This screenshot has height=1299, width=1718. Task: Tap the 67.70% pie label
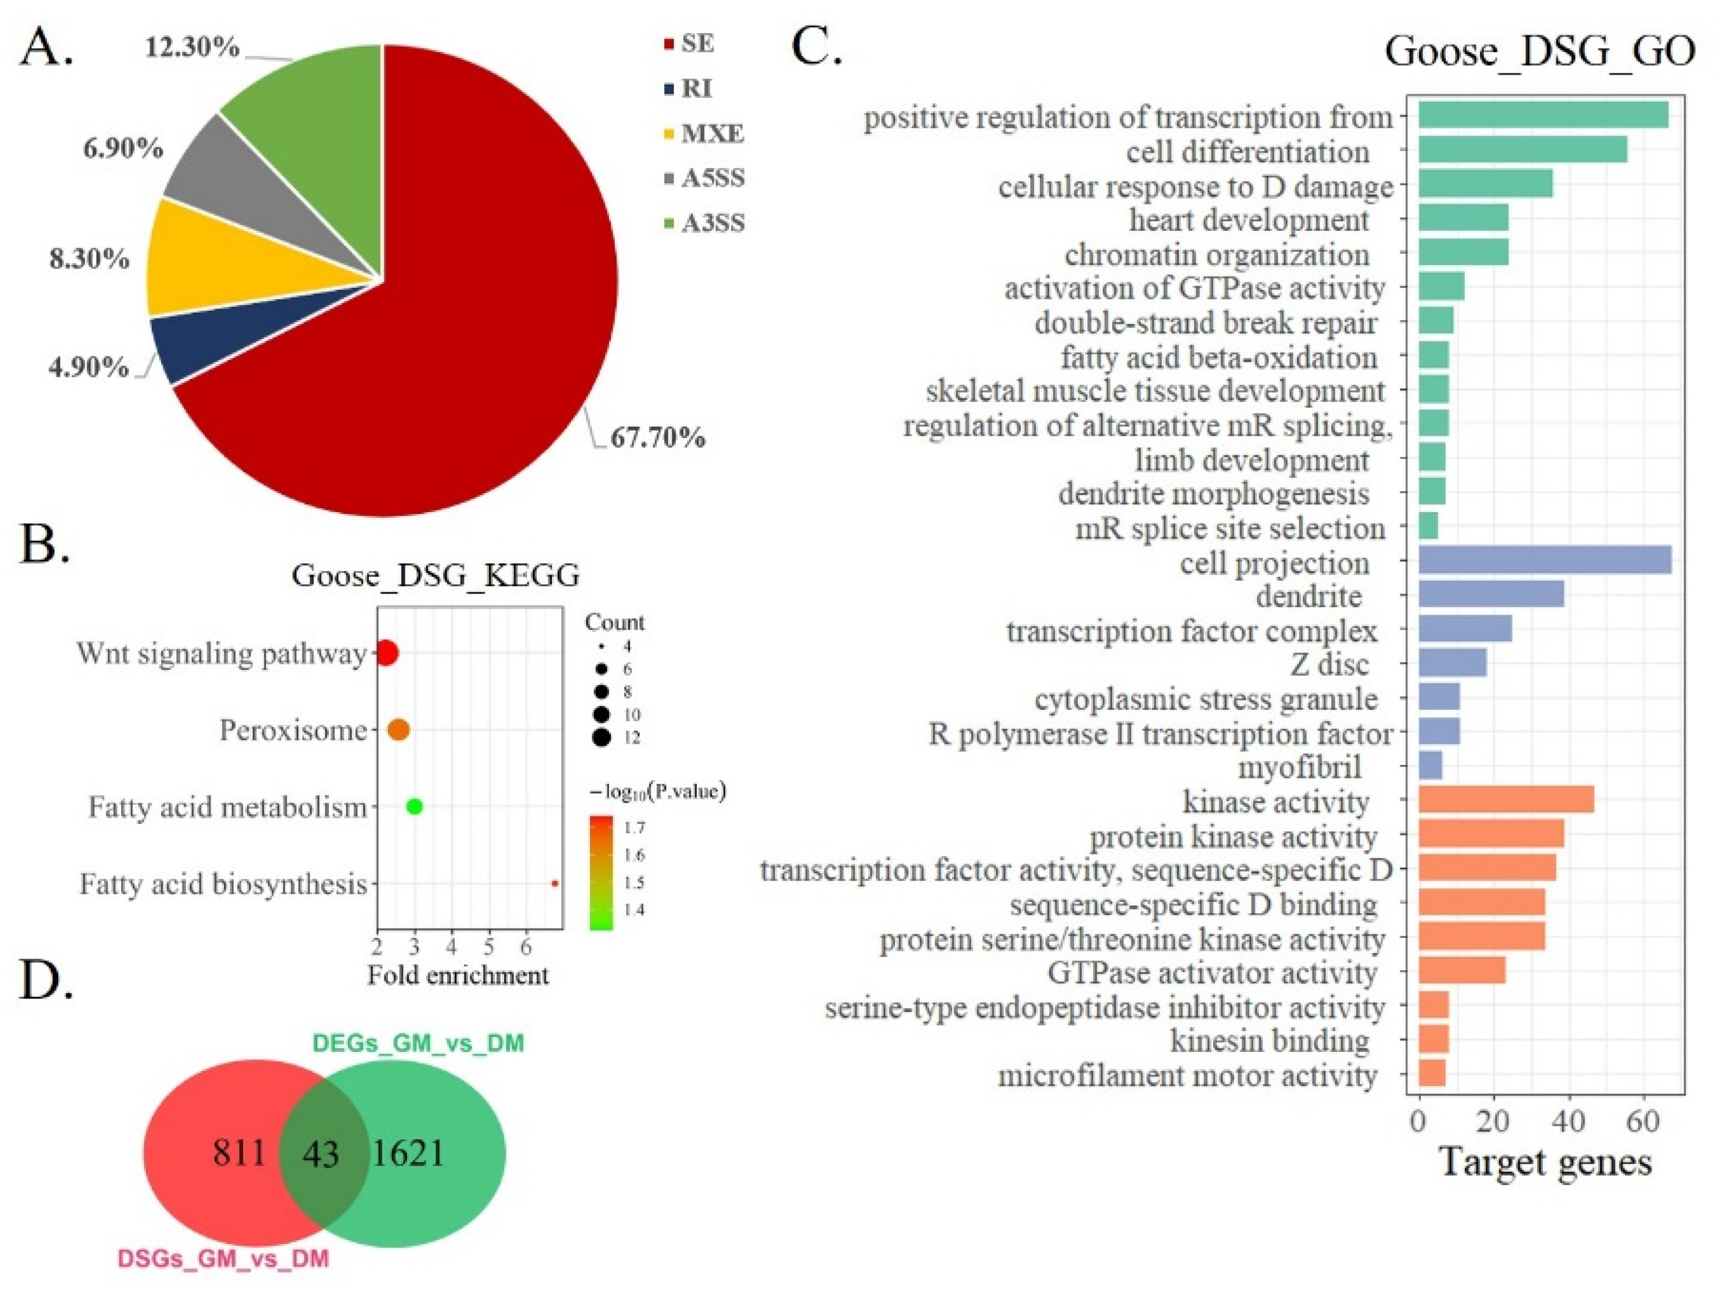(657, 438)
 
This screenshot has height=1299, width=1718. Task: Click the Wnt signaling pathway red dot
(386, 653)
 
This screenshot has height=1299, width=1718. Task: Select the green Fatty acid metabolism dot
(415, 806)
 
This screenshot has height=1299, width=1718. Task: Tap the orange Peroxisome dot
(399, 730)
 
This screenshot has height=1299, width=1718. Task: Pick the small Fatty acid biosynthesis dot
(555, 883)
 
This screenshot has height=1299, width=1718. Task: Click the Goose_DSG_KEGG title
(436, 576)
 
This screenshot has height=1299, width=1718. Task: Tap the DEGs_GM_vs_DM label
(418, 1042)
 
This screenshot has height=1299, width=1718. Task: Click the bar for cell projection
(1544, 560)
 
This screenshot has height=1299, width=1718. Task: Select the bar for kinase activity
(1505, 799)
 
